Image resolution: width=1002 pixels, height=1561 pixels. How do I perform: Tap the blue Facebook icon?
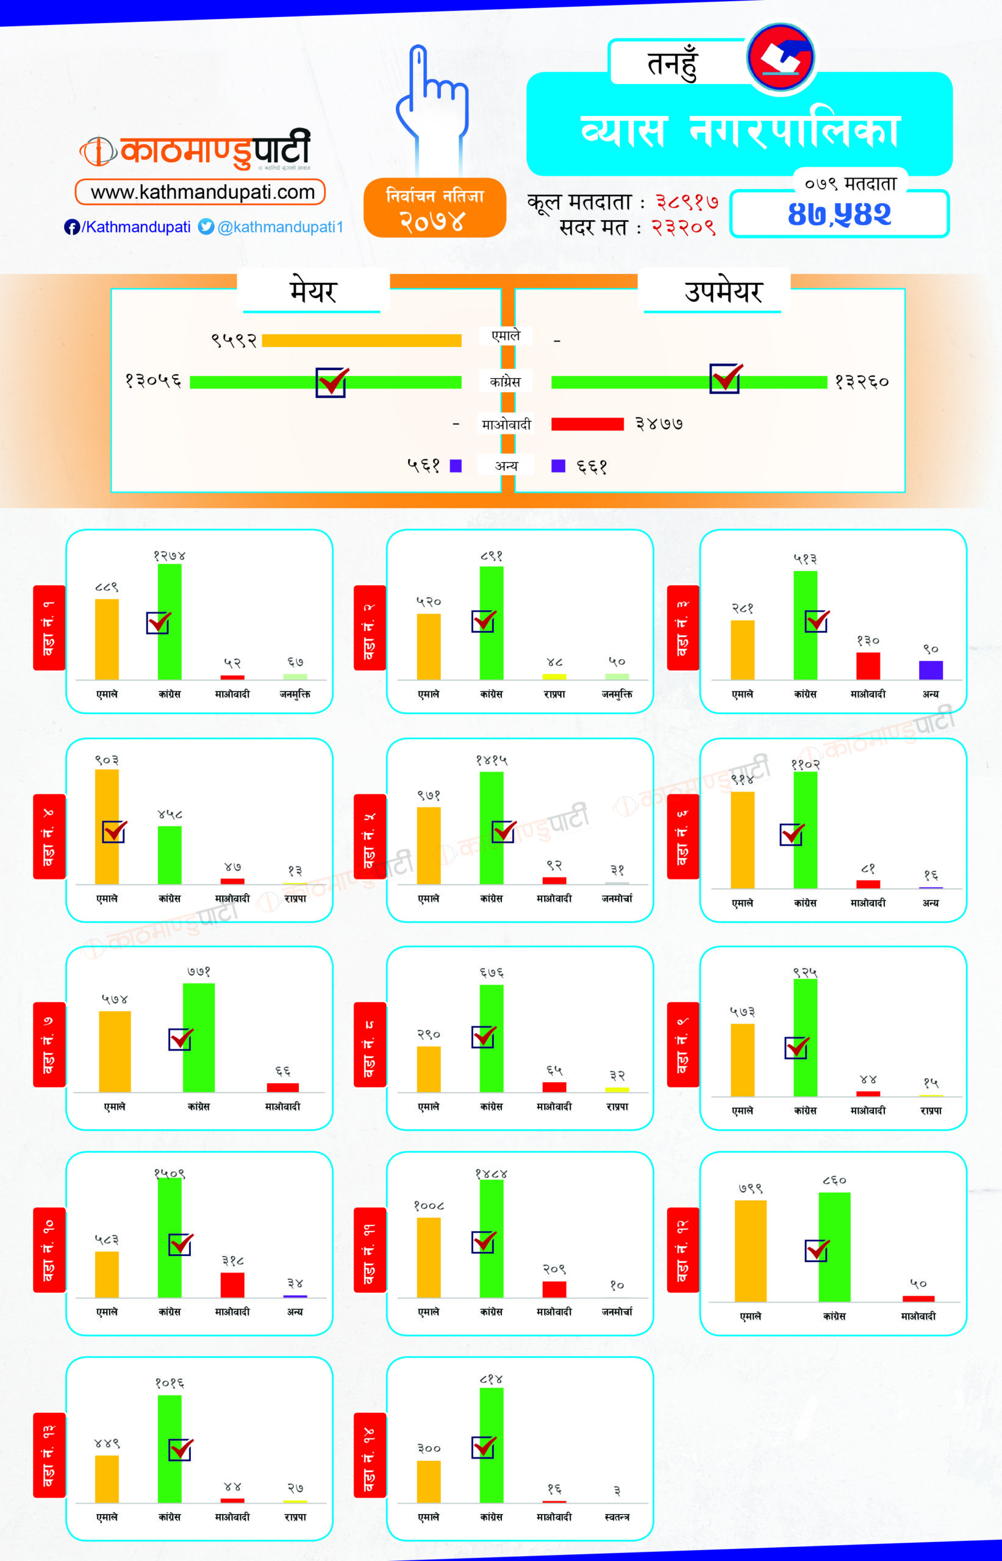click(71, 227)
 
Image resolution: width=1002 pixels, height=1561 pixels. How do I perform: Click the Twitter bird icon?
click(206, 226)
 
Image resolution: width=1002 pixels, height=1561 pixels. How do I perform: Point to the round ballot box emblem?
click(780, 57)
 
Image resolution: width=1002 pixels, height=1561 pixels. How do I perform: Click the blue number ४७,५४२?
click(839, 215)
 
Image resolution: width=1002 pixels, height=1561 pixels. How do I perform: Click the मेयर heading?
click(313, 291)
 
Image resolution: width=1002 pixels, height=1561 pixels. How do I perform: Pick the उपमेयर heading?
click(723, 291)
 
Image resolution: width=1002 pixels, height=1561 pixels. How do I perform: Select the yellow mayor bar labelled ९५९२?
click(361, 340)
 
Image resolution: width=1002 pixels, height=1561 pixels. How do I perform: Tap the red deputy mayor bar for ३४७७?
click(587, 424)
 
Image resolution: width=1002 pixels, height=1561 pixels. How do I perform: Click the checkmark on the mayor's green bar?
click(331, 382)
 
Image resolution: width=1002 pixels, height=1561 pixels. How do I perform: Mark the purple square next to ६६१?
click(558, 466)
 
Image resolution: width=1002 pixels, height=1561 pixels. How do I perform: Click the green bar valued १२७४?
click(170, 621)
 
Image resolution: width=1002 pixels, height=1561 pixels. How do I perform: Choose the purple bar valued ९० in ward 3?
click(931, 670)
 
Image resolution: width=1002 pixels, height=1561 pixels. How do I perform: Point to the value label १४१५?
click(491, 760)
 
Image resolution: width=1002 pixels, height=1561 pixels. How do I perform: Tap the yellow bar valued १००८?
click(429, 1257)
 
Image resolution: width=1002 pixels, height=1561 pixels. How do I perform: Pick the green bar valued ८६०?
click(834, 1247)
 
